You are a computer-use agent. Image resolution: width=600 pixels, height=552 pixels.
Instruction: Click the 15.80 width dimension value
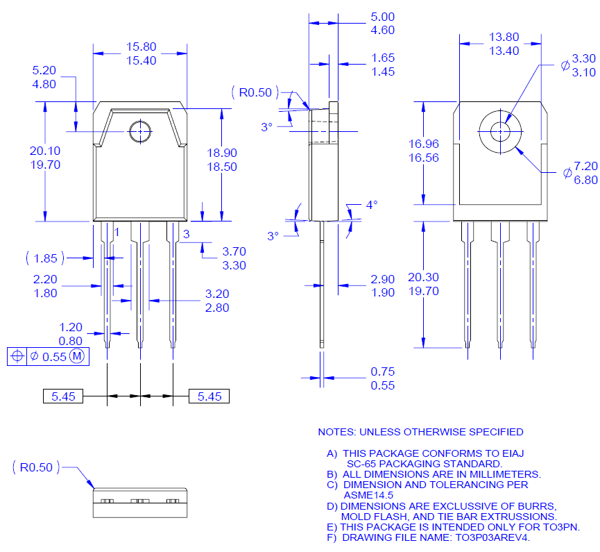point(141,47)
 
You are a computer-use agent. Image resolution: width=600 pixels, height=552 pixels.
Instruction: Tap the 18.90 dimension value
point(223,153)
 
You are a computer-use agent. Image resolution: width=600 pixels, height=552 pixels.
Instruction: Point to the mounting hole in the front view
point(140,131)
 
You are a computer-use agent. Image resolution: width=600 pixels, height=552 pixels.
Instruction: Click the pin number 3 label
point(187,235)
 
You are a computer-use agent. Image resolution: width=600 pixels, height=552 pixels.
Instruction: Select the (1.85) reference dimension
point(45,258)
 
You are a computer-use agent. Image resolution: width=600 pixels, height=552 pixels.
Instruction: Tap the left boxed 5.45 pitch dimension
point(63,396)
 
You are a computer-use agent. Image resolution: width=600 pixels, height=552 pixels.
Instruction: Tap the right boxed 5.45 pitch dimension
point(209,396)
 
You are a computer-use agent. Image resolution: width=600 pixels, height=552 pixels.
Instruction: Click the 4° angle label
point(372,205)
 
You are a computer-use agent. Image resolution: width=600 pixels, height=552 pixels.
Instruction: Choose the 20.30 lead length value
point(423,277)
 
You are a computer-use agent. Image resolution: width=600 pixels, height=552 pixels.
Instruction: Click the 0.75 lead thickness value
point(382,371)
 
